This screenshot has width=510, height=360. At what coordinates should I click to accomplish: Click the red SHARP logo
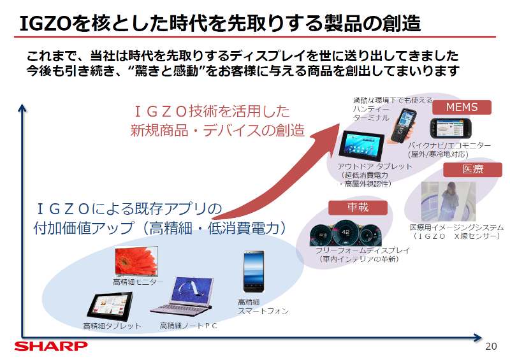[51, 346]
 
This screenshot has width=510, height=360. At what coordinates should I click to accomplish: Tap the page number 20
[491, 347]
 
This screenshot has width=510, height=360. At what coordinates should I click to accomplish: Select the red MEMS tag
[462, 107]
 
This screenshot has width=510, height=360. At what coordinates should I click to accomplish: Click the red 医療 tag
[472, 169]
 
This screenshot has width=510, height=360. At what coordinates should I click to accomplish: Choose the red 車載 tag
[358, 208]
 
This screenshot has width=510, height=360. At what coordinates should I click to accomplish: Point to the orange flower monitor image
[136, 261]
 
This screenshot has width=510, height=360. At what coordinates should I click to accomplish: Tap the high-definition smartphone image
[254, 272]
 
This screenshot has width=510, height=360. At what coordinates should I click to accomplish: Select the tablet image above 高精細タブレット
[110, 306]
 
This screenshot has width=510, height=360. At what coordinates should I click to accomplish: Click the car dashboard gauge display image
[346, 233]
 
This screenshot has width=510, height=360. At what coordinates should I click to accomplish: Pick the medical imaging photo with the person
[448, 201]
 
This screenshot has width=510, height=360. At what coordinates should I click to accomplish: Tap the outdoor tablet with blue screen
[361, 146]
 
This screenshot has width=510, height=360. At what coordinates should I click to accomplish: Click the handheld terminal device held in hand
[404, 126]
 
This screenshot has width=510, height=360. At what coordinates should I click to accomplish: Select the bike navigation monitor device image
[451, 128]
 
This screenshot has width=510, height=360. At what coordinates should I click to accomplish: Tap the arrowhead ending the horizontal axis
[477, 338]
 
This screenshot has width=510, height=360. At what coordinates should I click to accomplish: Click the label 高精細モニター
[138, 282]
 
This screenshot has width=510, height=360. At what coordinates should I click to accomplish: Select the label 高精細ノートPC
[188, 326]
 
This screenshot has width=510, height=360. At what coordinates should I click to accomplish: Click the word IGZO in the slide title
[45, 24]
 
